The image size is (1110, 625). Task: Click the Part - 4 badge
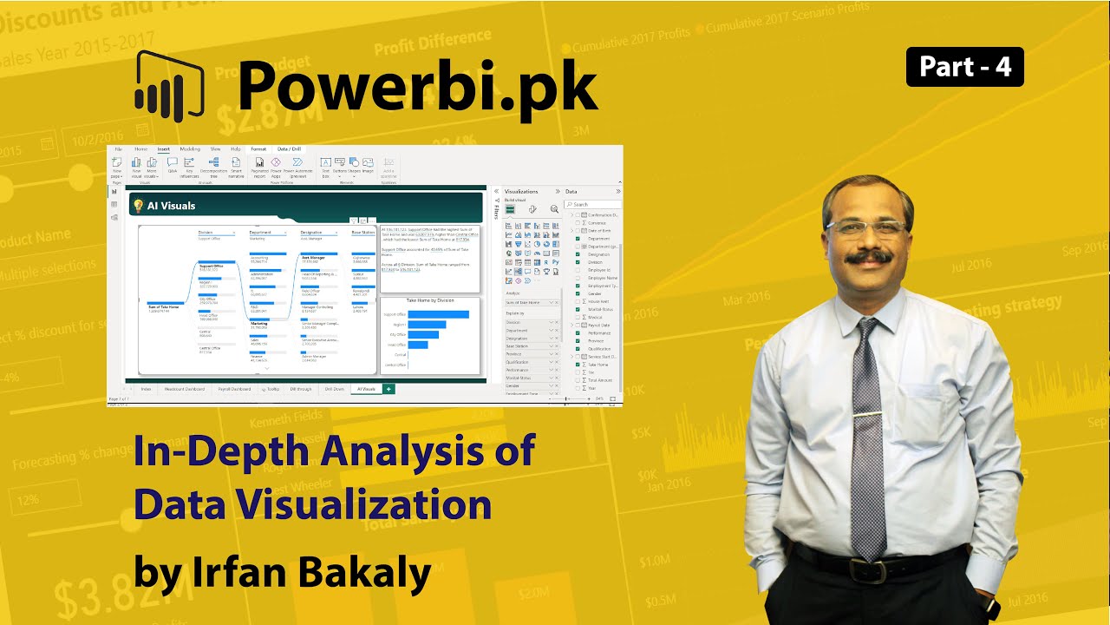[964, 67]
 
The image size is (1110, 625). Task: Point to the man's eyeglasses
[865, 229]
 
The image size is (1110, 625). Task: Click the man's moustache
[868, 258]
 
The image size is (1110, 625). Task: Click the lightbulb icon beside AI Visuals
[137, 206]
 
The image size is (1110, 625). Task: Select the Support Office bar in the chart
[438, 314]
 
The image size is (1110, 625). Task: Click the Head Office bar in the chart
[418, 345]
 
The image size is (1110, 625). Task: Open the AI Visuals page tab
[366, 389]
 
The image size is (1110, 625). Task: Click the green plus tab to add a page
[388, 389]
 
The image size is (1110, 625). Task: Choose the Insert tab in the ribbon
[163, 149]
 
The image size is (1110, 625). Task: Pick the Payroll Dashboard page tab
[234, 389]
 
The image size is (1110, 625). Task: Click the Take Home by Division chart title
[431, 299]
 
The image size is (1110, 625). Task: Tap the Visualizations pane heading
[521, 191]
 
